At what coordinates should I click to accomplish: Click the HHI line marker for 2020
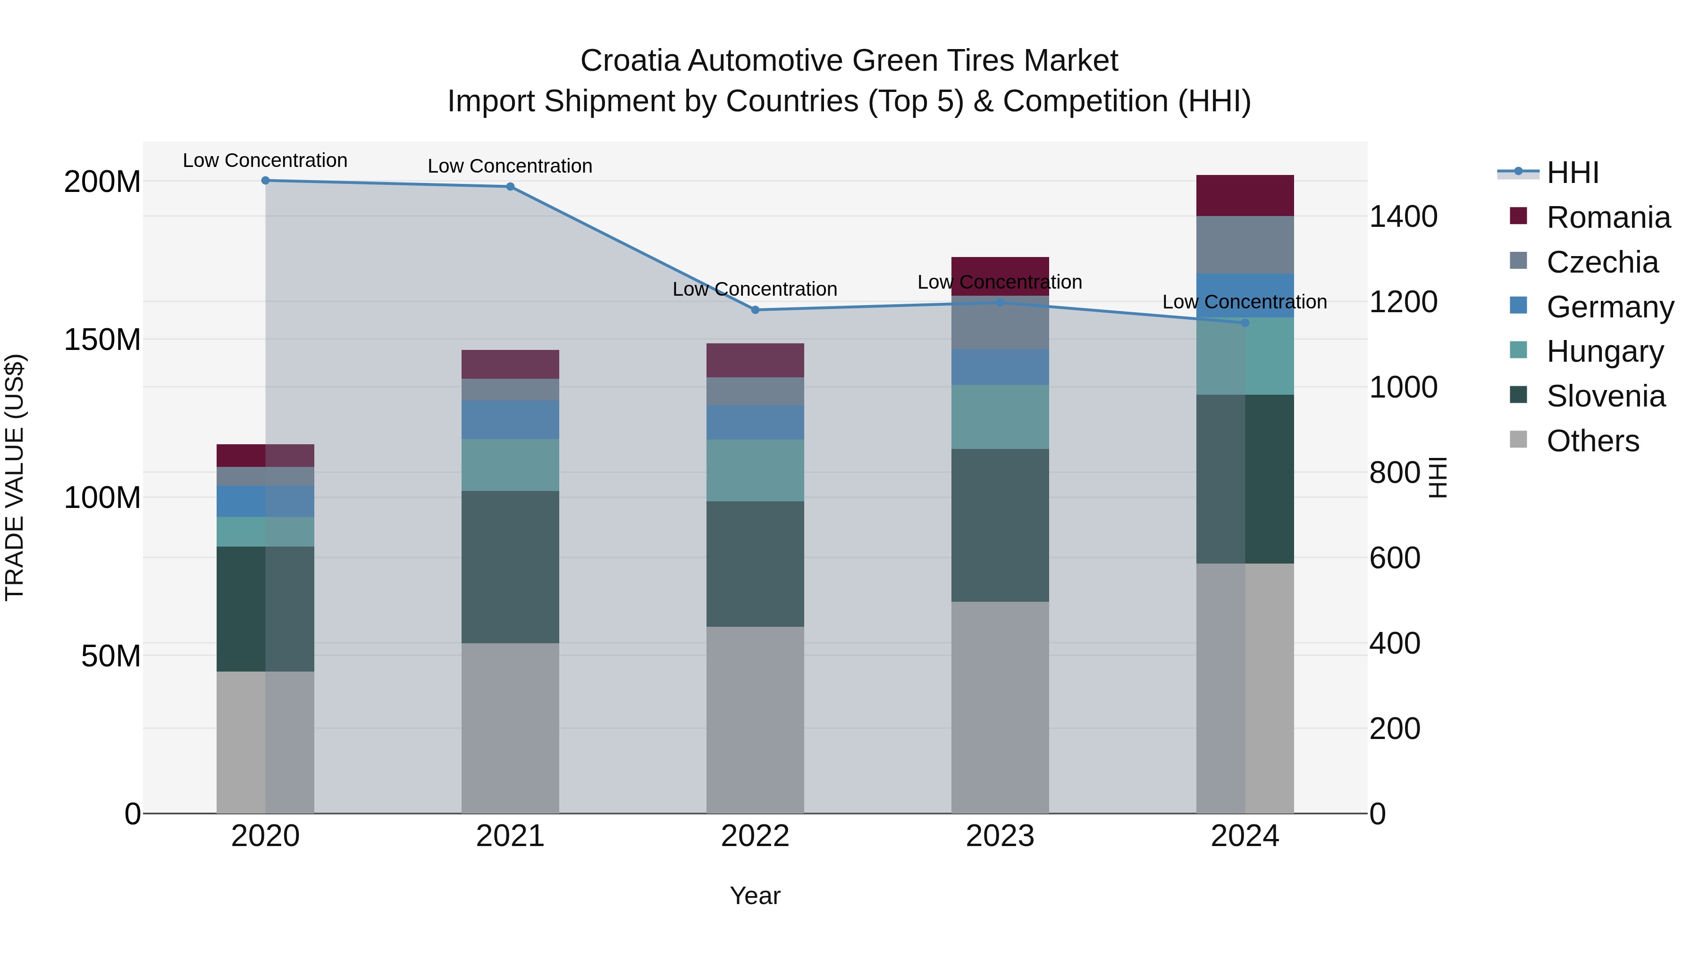point(265,181)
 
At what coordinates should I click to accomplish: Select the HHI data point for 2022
point(755,310)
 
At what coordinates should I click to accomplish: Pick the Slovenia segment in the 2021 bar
point(510,567)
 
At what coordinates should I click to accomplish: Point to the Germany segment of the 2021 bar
point(510,420)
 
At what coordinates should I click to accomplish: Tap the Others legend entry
point(1592,441)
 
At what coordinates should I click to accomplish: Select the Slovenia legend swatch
point(1518,396)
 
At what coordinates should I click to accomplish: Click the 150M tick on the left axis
point(102,340)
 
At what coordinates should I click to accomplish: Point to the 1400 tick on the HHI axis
point(1404,217)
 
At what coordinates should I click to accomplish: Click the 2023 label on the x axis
point(1000,836)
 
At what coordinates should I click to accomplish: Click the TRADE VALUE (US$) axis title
point(15,477)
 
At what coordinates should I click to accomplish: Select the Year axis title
point(755,896)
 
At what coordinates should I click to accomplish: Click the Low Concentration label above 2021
point(510,166)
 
